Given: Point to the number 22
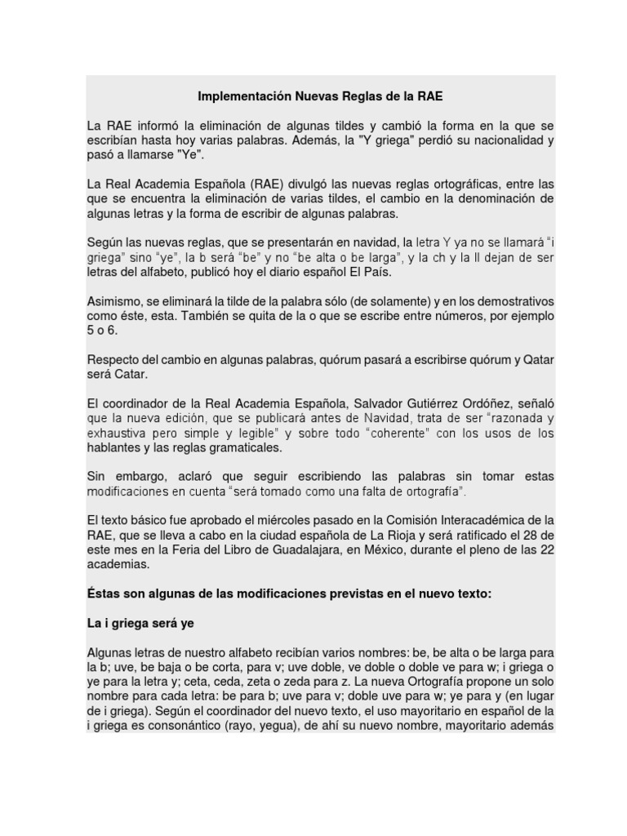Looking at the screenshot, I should [545, 549].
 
